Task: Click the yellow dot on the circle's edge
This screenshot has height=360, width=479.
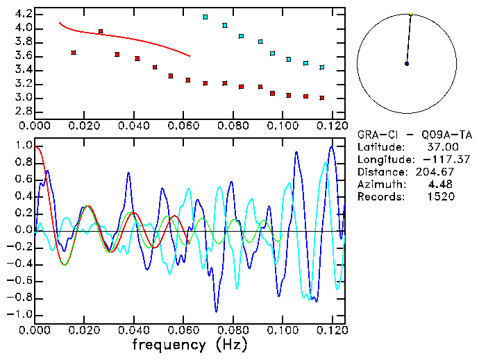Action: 411,13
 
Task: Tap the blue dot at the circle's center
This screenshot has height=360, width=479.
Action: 407,64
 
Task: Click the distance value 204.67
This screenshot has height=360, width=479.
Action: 438,172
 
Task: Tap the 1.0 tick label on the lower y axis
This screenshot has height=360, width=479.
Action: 24,146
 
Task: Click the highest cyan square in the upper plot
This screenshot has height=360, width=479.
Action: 205,17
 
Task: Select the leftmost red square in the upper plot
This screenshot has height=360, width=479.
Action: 73,52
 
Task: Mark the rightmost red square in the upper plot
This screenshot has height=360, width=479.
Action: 322,98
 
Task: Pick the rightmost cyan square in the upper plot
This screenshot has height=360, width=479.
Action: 322,67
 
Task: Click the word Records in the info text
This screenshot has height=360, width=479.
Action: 379,197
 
